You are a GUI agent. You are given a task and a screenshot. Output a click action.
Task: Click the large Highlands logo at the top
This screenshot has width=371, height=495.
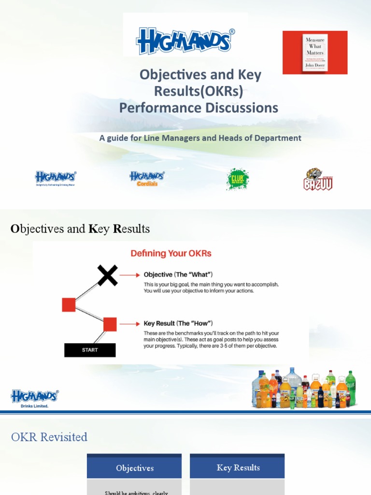click(185, 41)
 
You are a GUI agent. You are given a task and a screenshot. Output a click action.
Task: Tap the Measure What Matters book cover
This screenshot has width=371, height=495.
click(314, 52)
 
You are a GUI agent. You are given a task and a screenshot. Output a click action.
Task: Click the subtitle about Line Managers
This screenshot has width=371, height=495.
click(200, 138)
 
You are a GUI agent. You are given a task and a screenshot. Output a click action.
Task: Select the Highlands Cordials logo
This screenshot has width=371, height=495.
click(147, 178)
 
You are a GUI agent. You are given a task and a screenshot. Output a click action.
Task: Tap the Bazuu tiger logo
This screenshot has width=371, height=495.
click(318, 179)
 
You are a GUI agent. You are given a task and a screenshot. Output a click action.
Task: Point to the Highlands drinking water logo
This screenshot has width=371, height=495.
click(55, 178)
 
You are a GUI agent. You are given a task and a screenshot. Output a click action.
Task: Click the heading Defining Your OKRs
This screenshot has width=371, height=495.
click(171, 253)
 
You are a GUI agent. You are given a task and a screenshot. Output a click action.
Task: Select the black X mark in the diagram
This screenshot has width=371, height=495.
click(107, 275)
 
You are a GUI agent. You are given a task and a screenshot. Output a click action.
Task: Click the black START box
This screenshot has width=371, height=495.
click(90, 350)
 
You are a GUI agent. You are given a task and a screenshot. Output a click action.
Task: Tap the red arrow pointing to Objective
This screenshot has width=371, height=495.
click(130, 275)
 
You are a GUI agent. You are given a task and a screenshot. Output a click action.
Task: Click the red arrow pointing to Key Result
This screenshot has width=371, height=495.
click(130, 324)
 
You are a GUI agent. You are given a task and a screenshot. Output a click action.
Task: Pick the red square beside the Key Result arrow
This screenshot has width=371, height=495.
click(110, 324)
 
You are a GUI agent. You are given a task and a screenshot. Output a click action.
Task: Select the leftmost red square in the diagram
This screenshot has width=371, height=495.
click(69, 305)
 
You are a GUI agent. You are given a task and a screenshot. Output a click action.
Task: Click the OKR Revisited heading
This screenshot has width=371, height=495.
click(49, 437)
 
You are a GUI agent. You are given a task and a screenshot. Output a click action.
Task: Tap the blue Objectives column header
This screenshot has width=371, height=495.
click(135, 468)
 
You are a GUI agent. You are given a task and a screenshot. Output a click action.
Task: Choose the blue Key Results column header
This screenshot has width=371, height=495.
click(238, 467)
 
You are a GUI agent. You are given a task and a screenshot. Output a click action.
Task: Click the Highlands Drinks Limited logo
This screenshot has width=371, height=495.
click(35, 398)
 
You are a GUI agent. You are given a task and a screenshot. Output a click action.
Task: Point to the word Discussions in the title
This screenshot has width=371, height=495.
click(240, 107)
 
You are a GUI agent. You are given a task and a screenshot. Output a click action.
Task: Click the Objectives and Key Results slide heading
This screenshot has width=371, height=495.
click(80, 229)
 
